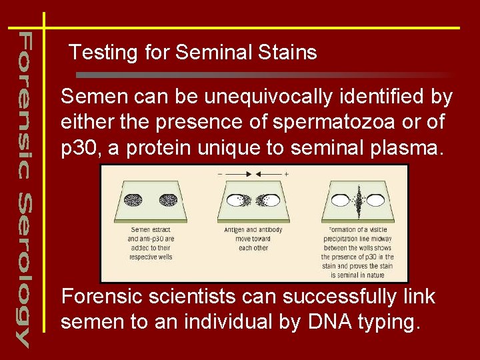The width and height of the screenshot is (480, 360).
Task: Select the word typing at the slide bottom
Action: pyautogui.click(x=389, y=323)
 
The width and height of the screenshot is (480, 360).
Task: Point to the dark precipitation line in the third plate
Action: pyautogui.click(x=358, y=199)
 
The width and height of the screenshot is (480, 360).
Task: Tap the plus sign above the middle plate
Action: pyautogui.click(x=286, y=173)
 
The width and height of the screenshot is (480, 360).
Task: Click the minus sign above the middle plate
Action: pyautogui.click(x=221, y=173)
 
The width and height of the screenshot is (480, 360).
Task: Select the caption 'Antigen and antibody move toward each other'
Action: pyautogui.click(x=253, y=239)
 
